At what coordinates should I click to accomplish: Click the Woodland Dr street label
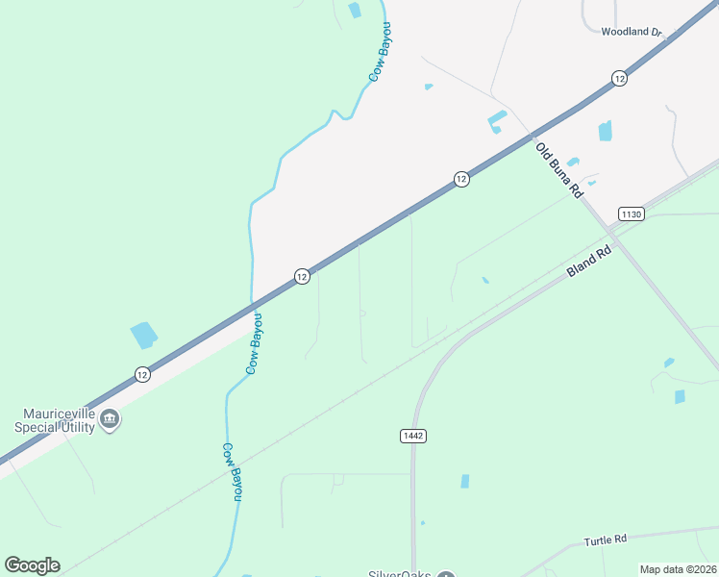632,32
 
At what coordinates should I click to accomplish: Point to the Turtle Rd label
605,540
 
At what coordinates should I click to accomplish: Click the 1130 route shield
631,213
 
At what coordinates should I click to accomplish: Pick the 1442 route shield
412,436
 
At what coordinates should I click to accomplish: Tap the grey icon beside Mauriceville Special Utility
110,419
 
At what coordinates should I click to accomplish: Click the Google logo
32,564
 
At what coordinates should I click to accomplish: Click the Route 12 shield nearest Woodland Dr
619,78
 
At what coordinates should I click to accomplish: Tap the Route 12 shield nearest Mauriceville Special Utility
142,374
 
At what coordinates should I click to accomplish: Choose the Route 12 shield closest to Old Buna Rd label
461,179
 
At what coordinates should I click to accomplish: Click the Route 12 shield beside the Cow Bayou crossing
301,276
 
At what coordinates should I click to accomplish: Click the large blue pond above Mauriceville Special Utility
143,335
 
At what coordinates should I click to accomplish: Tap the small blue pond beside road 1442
465,481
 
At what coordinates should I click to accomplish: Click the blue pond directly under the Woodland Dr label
605,131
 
